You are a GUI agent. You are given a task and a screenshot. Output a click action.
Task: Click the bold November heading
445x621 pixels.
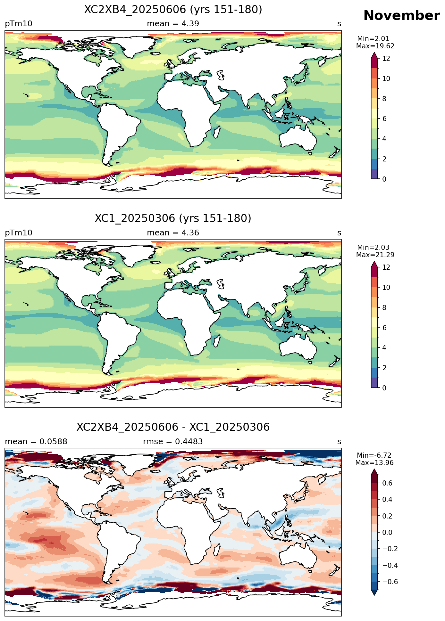(401, 15)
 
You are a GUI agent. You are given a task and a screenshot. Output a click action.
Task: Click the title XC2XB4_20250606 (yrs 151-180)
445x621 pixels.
(173, 10)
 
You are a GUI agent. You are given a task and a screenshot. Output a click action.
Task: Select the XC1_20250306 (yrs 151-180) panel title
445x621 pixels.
(173, 218)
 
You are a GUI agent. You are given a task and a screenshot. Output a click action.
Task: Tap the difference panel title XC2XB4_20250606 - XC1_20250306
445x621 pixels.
(173, 427)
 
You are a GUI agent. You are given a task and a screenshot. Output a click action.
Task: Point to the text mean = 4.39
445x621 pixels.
(173, 24)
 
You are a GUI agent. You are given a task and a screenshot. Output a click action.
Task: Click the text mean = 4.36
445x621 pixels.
(173, 233)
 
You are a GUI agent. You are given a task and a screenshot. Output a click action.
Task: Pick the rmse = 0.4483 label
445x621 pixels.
(173, 442)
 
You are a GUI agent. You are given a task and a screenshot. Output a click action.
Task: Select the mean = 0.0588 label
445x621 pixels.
(36, 442)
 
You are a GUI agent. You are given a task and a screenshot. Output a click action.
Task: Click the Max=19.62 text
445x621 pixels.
(375, 46)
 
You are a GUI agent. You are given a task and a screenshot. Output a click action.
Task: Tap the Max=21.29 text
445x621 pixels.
(375, 255)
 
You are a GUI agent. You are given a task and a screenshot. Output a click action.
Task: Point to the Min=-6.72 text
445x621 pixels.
(374, 455)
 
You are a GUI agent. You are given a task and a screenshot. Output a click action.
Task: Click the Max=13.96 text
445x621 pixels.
(374, 463)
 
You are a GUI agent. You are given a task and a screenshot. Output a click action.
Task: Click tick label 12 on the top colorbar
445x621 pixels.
(386, 58)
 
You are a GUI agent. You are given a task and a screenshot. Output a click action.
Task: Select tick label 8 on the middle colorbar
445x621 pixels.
(384, 307)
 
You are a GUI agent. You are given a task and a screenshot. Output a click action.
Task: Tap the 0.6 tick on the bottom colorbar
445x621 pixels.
(387, 483)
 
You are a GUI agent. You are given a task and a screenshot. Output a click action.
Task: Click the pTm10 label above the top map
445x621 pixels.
(19, 24)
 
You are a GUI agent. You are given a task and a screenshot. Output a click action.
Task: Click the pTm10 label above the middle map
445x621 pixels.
(19, 233)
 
